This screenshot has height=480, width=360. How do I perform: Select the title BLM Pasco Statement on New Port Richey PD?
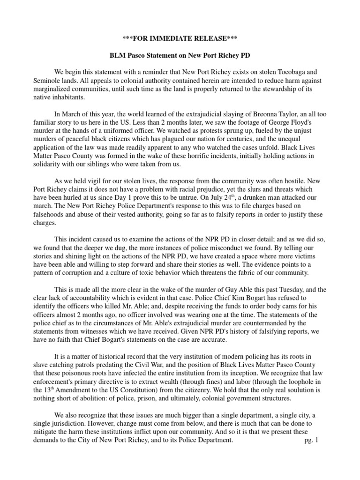180,55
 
